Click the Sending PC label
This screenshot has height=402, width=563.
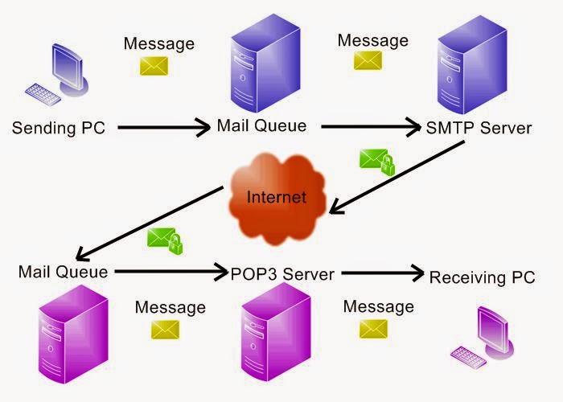[x=59, y=128]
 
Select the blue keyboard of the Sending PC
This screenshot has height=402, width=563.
[x=43, y=94]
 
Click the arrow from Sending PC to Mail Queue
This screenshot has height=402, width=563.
[x=164, y=127]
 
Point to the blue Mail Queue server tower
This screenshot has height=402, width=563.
[x=265, y=64]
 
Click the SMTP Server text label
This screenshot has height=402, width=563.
[x=479, y=128]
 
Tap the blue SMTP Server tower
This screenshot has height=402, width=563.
[x=472, y=64]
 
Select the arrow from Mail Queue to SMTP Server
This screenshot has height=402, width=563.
[x=371, y=127]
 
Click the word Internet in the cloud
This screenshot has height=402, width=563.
[x=277, y=197]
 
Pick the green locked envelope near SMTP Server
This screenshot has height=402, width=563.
[x=377, y=162]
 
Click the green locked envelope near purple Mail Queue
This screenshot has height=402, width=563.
[x=165, y=241]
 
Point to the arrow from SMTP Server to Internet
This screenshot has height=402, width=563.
[x=397, y=178]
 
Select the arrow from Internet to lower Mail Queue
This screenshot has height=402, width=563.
[x=150, y=224]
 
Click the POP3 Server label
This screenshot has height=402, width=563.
[x=282, y=275]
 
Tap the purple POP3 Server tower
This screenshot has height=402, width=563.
[x=276, y=332]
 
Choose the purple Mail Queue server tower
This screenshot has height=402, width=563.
[x=74, y=334]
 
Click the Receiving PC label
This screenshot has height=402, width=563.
[x=483, y=277]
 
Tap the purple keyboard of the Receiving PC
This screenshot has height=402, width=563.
[x=469, y=357]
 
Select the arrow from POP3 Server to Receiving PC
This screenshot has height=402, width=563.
[x=383, y=273]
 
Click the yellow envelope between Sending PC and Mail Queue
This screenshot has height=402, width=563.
[x=154, y=66]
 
